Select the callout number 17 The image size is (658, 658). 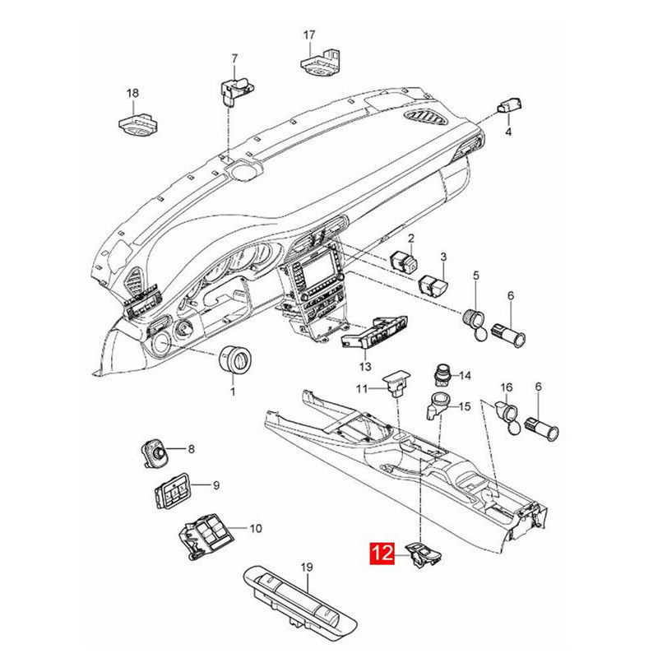tap(309, 35)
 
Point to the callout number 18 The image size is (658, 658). tap(132, 93)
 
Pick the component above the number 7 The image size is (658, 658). tap(232, 89)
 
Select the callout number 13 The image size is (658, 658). tap(364, 366)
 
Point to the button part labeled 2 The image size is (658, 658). tap(403, 260)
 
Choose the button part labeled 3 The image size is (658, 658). tap(433, 285)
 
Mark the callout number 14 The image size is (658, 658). tap(465, 376)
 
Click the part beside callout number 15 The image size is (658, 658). tap(438, 405)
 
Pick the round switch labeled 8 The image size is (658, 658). tap(155, 452)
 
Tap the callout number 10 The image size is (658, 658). tap(255, 528)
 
